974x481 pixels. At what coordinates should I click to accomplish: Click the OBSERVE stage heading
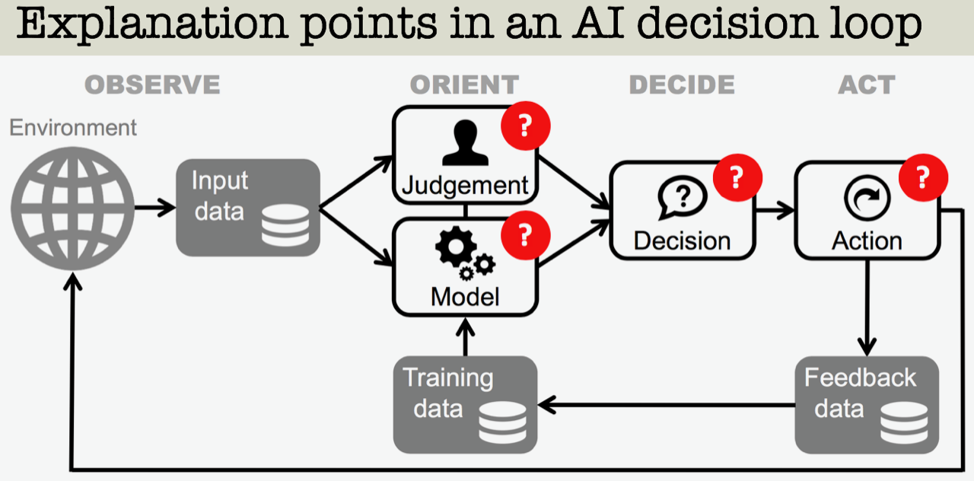152,84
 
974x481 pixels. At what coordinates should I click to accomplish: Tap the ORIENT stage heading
464,84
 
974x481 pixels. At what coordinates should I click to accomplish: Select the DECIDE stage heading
682,84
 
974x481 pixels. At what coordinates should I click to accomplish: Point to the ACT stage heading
867,84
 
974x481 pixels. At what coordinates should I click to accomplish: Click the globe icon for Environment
72,209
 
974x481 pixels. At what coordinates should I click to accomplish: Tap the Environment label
73,127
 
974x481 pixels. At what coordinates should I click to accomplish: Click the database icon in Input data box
285,225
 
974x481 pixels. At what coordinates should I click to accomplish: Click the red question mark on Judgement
526,126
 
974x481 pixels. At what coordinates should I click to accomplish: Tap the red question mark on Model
526,235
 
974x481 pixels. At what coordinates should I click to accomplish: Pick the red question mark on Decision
737,177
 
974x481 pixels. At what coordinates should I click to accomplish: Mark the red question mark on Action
923,177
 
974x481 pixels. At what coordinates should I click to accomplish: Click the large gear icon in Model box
456,246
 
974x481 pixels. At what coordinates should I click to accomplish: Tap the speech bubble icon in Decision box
683,197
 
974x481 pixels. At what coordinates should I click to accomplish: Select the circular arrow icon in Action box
867,198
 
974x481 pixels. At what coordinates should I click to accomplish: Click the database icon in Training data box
502,422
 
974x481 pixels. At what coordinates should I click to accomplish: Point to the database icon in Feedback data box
904,422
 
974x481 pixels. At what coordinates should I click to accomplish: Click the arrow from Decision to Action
775,211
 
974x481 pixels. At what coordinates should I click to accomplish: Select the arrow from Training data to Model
465,337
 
